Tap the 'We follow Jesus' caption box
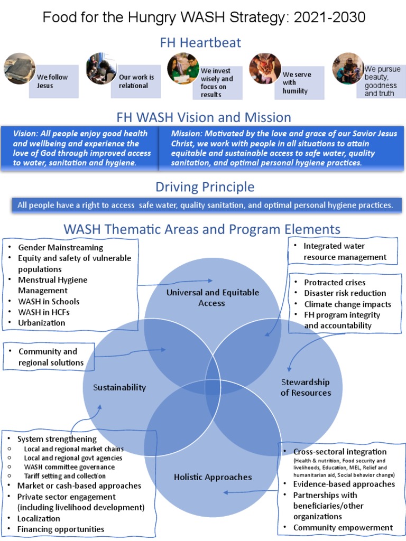click(x=53, y=81)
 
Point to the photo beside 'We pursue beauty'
click(x=347, y=68)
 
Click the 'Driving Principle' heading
click(x=205, y=187)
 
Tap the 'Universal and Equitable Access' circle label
click(x=212, y=297)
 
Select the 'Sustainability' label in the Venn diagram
click(x=119, y=387)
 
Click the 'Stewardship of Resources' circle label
click(x=306, y=387)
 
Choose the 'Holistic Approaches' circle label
click(x=206, y=477)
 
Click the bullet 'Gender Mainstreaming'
click(x=60, y=247)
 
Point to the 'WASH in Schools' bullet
click(x=49, y=301)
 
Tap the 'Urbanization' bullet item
click(x=41, y=323)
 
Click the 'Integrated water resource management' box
click(x=344, y=251)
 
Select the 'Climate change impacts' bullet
click(x=347, y=304)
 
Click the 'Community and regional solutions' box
click(x=49, y=357)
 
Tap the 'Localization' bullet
click(x=39, y=518)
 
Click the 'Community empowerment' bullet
click(x=343, y=527)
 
